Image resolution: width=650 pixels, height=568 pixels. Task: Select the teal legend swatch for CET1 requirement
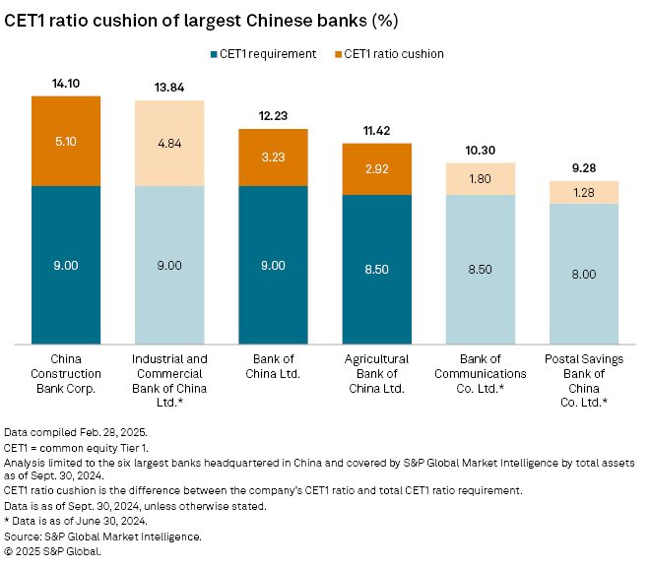(x=213, y=53)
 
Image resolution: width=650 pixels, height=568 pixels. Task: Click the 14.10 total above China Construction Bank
(x=66, y=84)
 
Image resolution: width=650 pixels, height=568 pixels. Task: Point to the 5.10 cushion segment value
(x=66, y=140)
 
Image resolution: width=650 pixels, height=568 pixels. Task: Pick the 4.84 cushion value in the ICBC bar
(x=169, y=143)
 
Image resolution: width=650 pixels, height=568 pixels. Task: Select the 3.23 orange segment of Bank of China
(x=273, y=157)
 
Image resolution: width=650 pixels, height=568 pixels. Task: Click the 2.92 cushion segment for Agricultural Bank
(x=376, y=169)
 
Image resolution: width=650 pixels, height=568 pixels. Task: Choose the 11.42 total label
(x=376, y=131)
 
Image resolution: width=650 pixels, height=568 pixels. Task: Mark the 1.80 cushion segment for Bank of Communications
(x=480, y=179)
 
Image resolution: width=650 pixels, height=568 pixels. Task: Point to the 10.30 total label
(x=480, y=151)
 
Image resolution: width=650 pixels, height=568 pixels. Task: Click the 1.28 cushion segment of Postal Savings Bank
(x=583, y=192)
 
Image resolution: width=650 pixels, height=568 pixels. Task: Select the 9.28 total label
(x=583, y=168)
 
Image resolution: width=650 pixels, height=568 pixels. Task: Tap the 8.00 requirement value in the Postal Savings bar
(x=583, y=274)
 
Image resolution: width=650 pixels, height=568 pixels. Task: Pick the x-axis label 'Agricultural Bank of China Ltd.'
(x=376, y=373)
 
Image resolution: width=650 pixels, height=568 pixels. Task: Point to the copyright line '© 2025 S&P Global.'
(x=53, y=552)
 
